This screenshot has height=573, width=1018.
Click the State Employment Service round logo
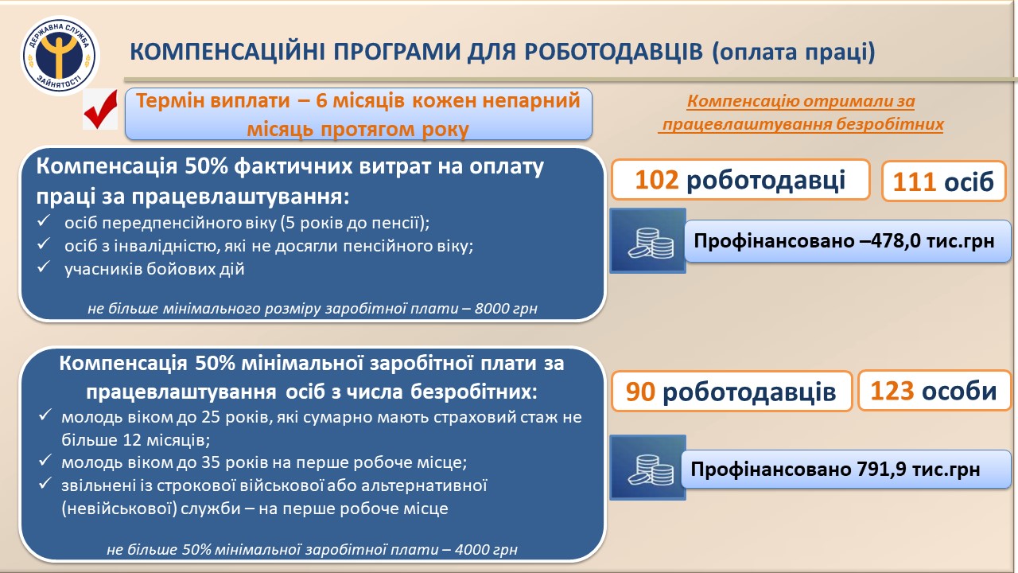point(60,56)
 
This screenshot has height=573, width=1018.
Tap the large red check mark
point(100,110)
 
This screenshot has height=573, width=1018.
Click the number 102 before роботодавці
point(656,180)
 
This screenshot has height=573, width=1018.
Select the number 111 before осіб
point(914,182)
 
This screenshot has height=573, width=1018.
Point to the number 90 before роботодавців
point(640,392)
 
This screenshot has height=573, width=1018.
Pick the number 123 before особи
point(892,391)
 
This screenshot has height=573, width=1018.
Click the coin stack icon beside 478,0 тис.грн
point(648,240)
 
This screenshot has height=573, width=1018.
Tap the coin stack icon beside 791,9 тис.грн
point(648,467)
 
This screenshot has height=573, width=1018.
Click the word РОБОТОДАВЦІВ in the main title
point(613,52)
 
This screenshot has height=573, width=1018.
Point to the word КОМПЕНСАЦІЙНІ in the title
point(227,52)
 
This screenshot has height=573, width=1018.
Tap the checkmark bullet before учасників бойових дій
point(44,267)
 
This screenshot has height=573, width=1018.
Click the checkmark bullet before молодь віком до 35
point(45,460)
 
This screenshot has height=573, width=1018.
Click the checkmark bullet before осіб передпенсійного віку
point(44,221)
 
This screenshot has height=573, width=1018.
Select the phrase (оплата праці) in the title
point(794,53)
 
